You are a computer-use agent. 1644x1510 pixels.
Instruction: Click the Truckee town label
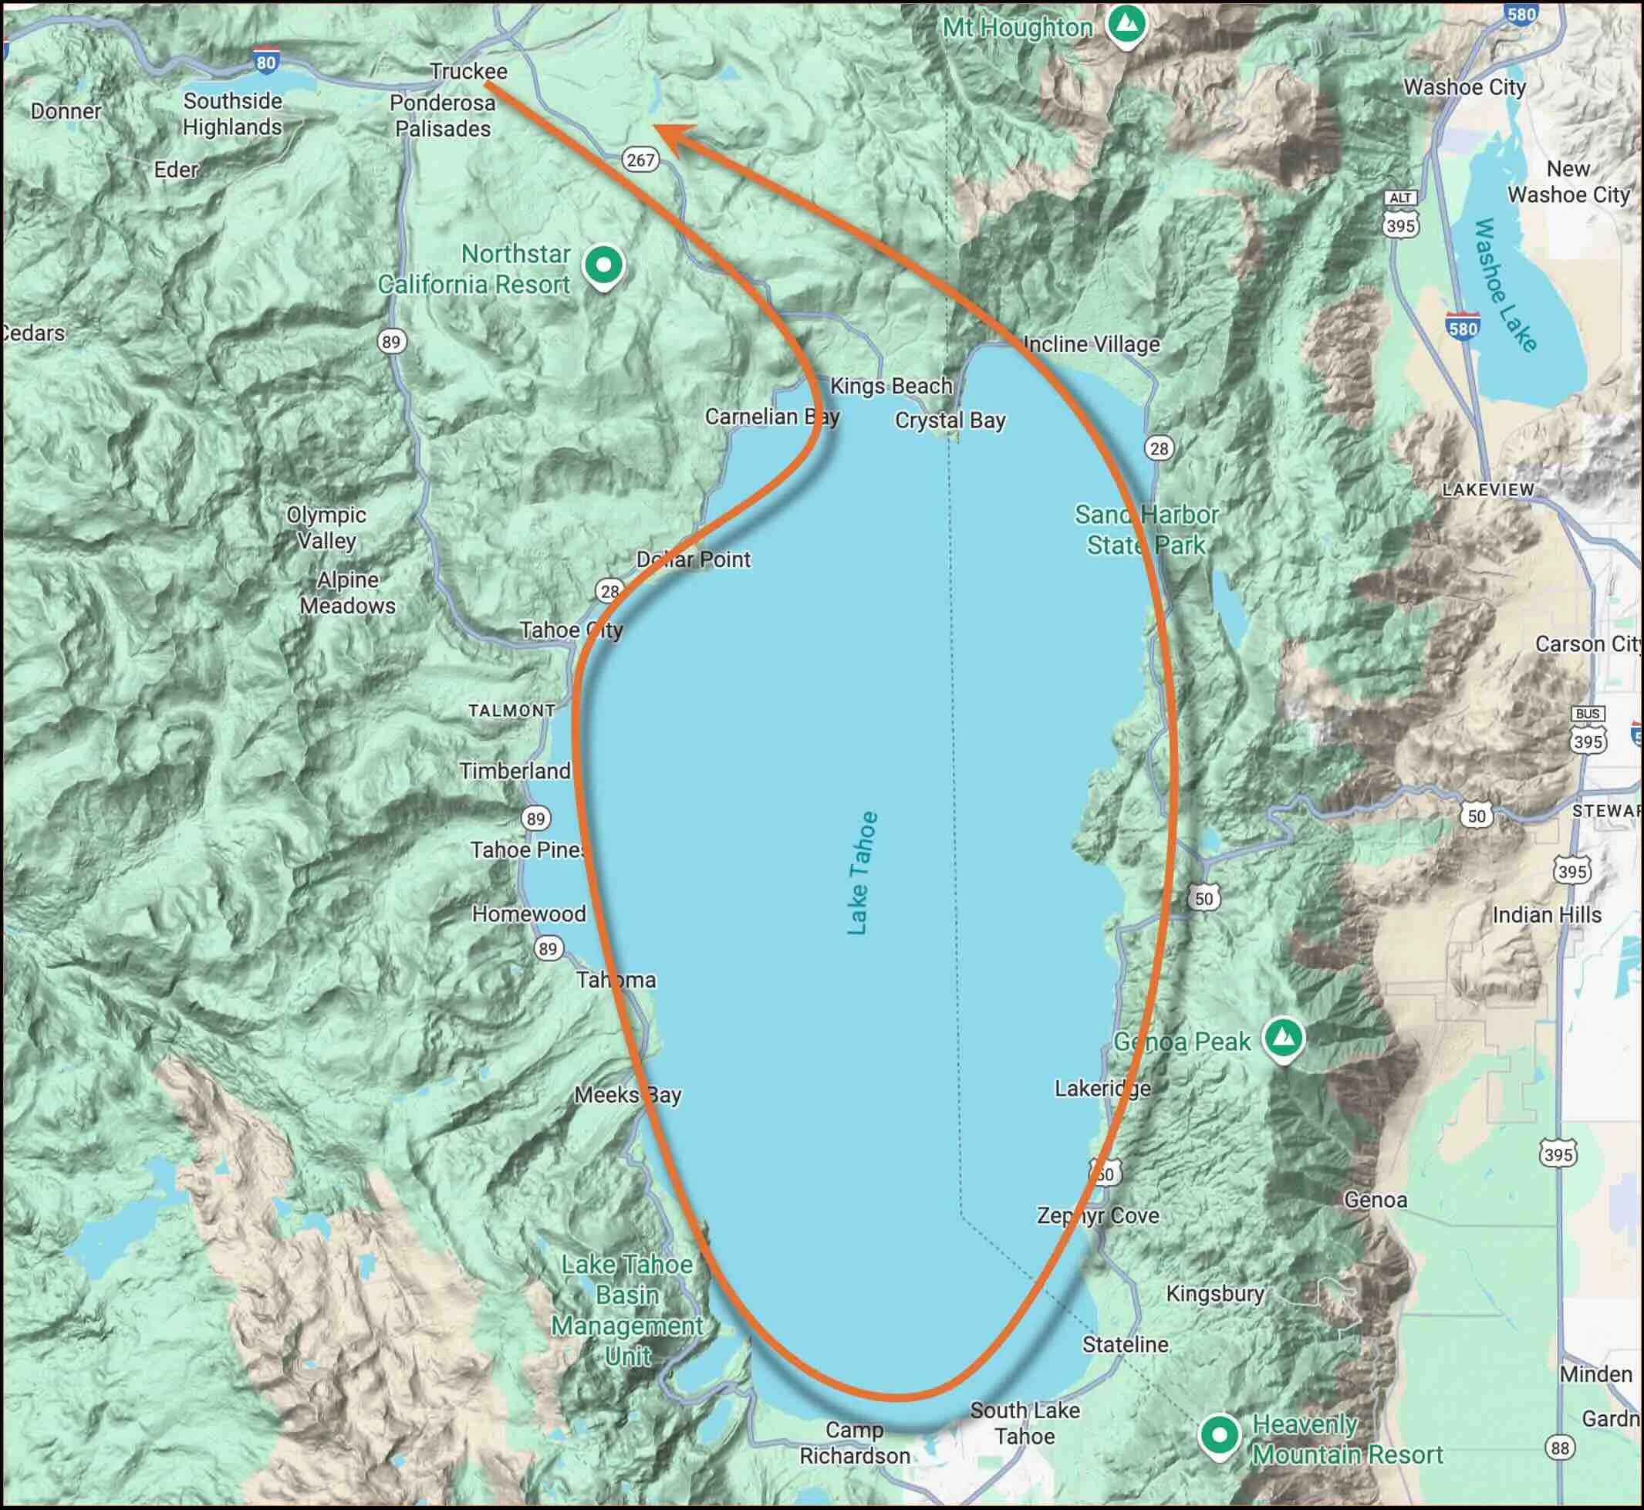pos(468,71)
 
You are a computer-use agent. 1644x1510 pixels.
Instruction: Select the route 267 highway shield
pos(640,160)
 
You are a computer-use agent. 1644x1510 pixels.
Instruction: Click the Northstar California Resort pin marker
pos(604,265)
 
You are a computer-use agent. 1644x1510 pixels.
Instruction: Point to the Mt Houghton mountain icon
pos(1127,25)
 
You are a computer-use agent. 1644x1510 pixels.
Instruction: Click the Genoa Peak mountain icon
pos(1283,1039)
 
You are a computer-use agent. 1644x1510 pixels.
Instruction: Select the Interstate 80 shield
pos(265,61)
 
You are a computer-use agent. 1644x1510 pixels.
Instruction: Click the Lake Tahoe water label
pos(861,873)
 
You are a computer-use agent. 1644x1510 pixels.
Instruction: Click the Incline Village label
pos(1091,344)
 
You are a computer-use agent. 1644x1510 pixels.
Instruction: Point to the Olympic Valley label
pos(326,528)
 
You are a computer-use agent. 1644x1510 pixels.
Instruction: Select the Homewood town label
pos(528,914)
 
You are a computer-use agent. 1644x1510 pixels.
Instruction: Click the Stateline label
pos(1125,1344)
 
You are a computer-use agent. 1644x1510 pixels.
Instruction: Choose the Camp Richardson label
pos(854,1443)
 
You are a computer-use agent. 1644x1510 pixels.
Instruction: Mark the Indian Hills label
pos(1547,914)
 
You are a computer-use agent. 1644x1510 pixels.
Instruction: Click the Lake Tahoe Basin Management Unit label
pos(626,1310)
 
